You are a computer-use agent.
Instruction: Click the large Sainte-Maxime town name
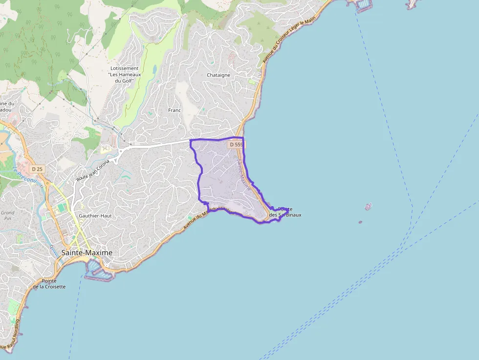tap(87, 253)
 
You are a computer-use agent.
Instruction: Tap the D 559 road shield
tap(236, 145)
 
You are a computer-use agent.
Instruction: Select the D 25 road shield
tap(37, 169)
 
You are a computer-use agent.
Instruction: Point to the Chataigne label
tap(218, 75)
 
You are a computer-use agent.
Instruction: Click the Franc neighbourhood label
tap(174, 110)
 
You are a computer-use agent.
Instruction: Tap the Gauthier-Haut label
tap(95, 215)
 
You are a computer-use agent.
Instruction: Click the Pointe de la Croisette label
tap(49, 284)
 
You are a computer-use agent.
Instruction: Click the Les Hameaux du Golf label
tap(124, 74)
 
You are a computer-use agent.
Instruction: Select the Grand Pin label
tap(7, 216)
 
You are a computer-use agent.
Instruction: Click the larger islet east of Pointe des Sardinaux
tap(368, 207)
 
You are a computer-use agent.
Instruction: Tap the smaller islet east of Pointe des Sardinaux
tap(360, 222)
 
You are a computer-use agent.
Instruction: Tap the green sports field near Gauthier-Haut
tap(61, 208)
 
